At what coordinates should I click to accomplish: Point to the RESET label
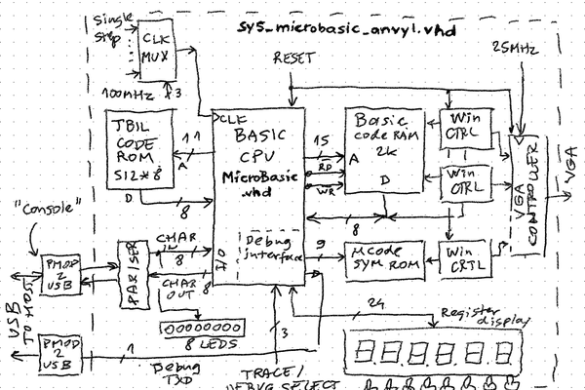click(295, 59)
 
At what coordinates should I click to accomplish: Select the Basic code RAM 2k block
click(386, 146)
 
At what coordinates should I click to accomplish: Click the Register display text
click(484, 316)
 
